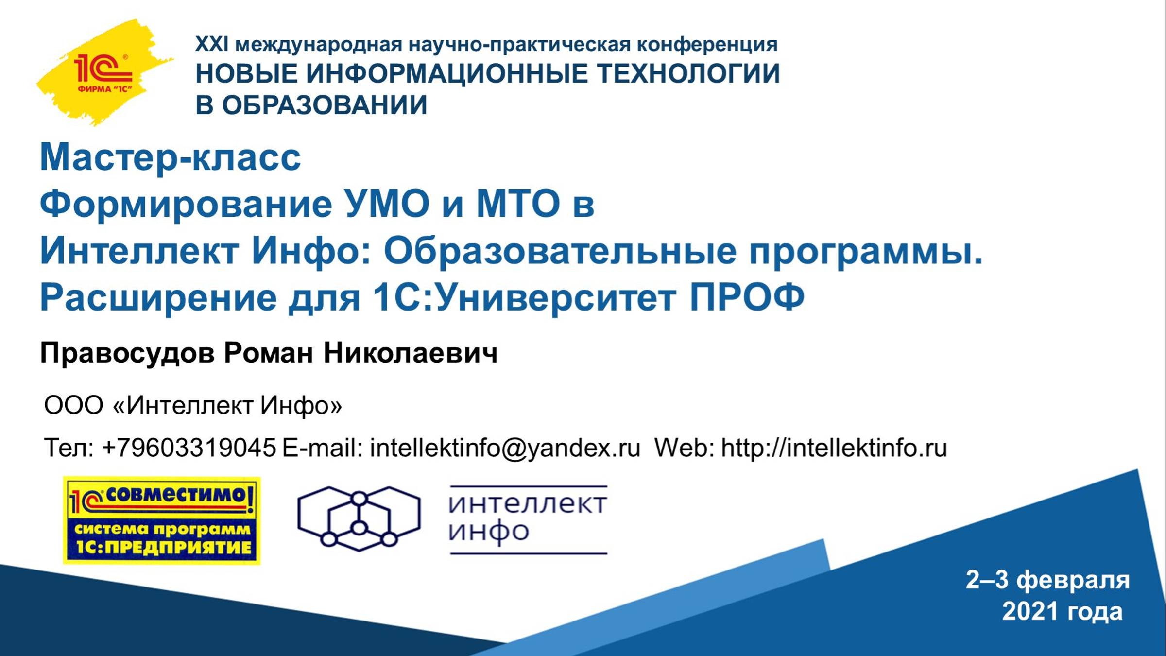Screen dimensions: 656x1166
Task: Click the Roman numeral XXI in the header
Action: click(x=211, y=44)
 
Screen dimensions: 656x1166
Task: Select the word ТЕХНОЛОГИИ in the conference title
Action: click(x=688, y=74)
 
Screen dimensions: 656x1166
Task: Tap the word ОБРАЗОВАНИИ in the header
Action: click(x=325, y=105)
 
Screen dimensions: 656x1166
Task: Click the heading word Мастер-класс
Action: click(x=170, y=157)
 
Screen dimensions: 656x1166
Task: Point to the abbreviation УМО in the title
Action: click(x=386, y=204)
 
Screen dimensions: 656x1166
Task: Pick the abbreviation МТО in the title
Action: click(x=518, y=204)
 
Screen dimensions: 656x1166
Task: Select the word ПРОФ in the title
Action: click(x=747, y=297)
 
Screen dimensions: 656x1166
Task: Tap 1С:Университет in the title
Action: click(x=525, y=298)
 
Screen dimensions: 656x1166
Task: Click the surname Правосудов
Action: click(x=127, y=353)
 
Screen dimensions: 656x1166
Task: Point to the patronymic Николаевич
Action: click(x=411, y=353)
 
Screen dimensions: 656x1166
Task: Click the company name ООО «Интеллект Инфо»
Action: click(x=193, y=405)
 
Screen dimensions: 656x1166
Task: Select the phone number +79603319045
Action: click(x=189, y=448)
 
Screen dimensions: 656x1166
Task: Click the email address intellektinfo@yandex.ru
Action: click(x=505, y=448)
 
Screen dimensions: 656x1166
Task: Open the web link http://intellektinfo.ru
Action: click(x=834, y=448)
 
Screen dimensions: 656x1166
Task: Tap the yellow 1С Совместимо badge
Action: click(x=162, y=520)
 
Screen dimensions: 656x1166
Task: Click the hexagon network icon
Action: click(x=359, y=519)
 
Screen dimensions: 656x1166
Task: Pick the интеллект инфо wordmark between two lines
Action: click(x=528, y=519)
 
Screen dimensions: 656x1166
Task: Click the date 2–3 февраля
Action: click(x=1047, y=580)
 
